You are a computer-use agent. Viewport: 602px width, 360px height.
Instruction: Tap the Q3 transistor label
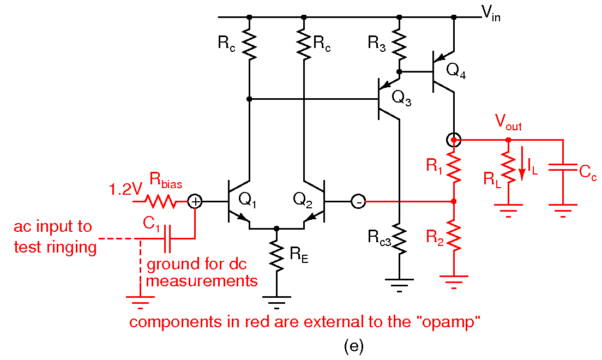[402, 98]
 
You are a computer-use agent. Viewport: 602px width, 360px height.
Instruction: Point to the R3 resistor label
[377, 43]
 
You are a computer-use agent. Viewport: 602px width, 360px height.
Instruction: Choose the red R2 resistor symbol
[454, 235]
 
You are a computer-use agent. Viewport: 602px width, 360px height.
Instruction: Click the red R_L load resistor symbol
[508, 169]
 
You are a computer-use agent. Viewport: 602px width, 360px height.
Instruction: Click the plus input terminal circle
[195, 202]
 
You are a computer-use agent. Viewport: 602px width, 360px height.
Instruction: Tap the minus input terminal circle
[358, 202]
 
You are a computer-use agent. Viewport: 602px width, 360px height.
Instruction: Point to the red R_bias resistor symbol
[160, 202]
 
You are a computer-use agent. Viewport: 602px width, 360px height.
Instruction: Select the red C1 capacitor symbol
[167, 238]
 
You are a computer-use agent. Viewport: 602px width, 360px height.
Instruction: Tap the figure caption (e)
[353, 346]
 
